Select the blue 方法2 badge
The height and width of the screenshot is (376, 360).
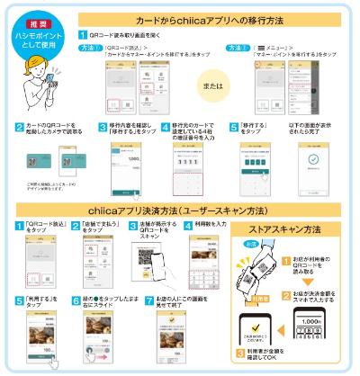[x=237, y=47]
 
